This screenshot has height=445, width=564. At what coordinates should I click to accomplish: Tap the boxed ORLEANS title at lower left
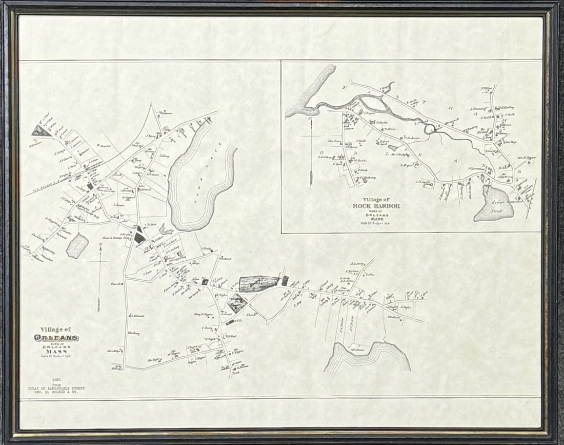(56, 338)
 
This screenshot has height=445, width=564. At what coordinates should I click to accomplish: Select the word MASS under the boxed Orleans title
(56, 351)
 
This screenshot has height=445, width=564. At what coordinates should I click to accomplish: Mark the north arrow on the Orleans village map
(99, 277)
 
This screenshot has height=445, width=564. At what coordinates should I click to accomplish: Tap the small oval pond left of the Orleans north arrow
(77, 246)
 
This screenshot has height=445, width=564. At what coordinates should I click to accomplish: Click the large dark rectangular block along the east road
(259, 283)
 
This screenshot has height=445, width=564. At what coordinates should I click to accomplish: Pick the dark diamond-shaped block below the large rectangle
(237, 303)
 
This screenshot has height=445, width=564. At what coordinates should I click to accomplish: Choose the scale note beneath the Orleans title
(56, 356)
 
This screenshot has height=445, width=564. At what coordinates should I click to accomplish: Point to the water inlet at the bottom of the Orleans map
(367, 357)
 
